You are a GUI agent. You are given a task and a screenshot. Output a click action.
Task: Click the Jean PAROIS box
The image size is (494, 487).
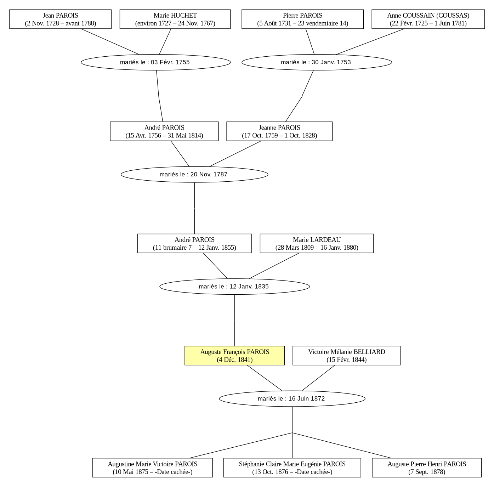(x=60, y=19)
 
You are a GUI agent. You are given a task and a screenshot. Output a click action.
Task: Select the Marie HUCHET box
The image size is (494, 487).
(x=175, y=19)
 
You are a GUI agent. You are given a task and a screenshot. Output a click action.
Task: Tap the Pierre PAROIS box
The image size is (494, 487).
(x=302, y=19)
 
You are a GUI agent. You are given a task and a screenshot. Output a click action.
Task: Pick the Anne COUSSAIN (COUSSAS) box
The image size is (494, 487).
(x=428, y=19)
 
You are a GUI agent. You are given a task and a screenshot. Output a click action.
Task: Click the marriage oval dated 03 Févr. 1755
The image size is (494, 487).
(x=155, y=62)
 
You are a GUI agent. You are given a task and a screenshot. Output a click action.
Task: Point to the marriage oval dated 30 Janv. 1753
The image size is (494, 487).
(x=317, y=62)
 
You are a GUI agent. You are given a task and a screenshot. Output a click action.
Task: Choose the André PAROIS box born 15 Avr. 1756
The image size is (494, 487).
(x=164, y=131)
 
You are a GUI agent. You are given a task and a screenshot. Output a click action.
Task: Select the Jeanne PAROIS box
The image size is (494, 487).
(x=279, y=131)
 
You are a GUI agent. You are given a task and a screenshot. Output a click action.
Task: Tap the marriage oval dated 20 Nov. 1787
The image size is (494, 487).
(x=194, y=174)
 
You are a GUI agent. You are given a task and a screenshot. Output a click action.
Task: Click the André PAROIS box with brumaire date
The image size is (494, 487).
(x=194, y=243)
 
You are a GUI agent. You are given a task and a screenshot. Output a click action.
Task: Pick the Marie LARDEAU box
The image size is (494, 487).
(x=317, y=243)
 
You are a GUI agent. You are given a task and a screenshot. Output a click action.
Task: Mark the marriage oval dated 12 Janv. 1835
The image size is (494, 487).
(x=234, y=287)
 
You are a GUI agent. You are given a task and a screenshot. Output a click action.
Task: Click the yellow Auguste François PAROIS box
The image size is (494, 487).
(x=234, y=356)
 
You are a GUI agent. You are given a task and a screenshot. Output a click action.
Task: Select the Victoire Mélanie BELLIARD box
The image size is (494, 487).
(x=346, y=356)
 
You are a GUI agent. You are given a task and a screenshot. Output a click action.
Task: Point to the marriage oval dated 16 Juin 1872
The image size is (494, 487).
(x=292, y=398)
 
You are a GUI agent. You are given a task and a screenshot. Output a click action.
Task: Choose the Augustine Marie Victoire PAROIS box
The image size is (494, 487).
(x=153, y=468)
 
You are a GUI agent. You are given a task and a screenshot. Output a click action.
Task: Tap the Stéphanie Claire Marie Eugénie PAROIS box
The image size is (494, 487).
(x=292, y=468)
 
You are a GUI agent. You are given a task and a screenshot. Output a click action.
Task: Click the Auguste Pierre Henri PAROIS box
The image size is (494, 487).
(x=427, y=468)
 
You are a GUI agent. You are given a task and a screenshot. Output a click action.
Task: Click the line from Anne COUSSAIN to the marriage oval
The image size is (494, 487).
(x=370, y=41)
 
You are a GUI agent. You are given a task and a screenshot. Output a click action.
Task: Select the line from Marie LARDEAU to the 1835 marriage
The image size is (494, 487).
(x=274, y=266)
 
